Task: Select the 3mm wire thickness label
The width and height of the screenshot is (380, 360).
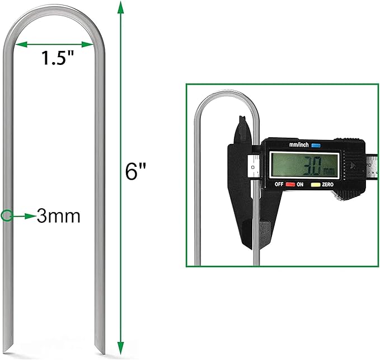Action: coord(59,216)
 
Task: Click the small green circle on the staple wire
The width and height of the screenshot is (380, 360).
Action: coord(6,215)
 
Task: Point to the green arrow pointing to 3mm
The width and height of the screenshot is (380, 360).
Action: coord(23,215)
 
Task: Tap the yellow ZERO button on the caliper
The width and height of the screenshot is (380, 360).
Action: coord(316,184)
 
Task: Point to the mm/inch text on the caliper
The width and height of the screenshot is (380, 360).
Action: coord(299,144)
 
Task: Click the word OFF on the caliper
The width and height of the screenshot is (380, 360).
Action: coord(279,184)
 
